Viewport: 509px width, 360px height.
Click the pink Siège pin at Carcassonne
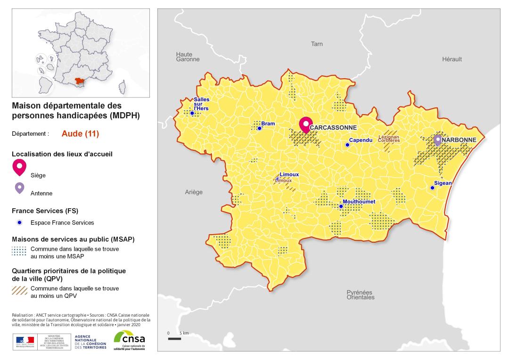tap(306, 125)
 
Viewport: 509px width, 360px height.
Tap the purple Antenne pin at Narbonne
tap(438, 139)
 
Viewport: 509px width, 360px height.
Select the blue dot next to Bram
tap(259, 128)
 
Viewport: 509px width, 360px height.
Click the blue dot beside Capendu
tap(347, 145)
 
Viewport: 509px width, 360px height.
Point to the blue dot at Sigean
tap(432, 188)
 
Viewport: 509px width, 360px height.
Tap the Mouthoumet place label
tap(359, 202)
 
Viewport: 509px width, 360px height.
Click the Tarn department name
tap(317, 44)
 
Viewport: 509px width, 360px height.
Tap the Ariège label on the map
tap(193, 192)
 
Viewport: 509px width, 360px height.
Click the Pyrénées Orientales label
tap(360, 295)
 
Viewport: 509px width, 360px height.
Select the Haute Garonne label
tap(188, 57)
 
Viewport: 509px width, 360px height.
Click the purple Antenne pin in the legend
tap(19, 188)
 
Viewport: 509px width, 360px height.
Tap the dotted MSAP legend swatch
tap(19, 251)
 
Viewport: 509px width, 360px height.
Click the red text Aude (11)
tap(80, 133)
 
